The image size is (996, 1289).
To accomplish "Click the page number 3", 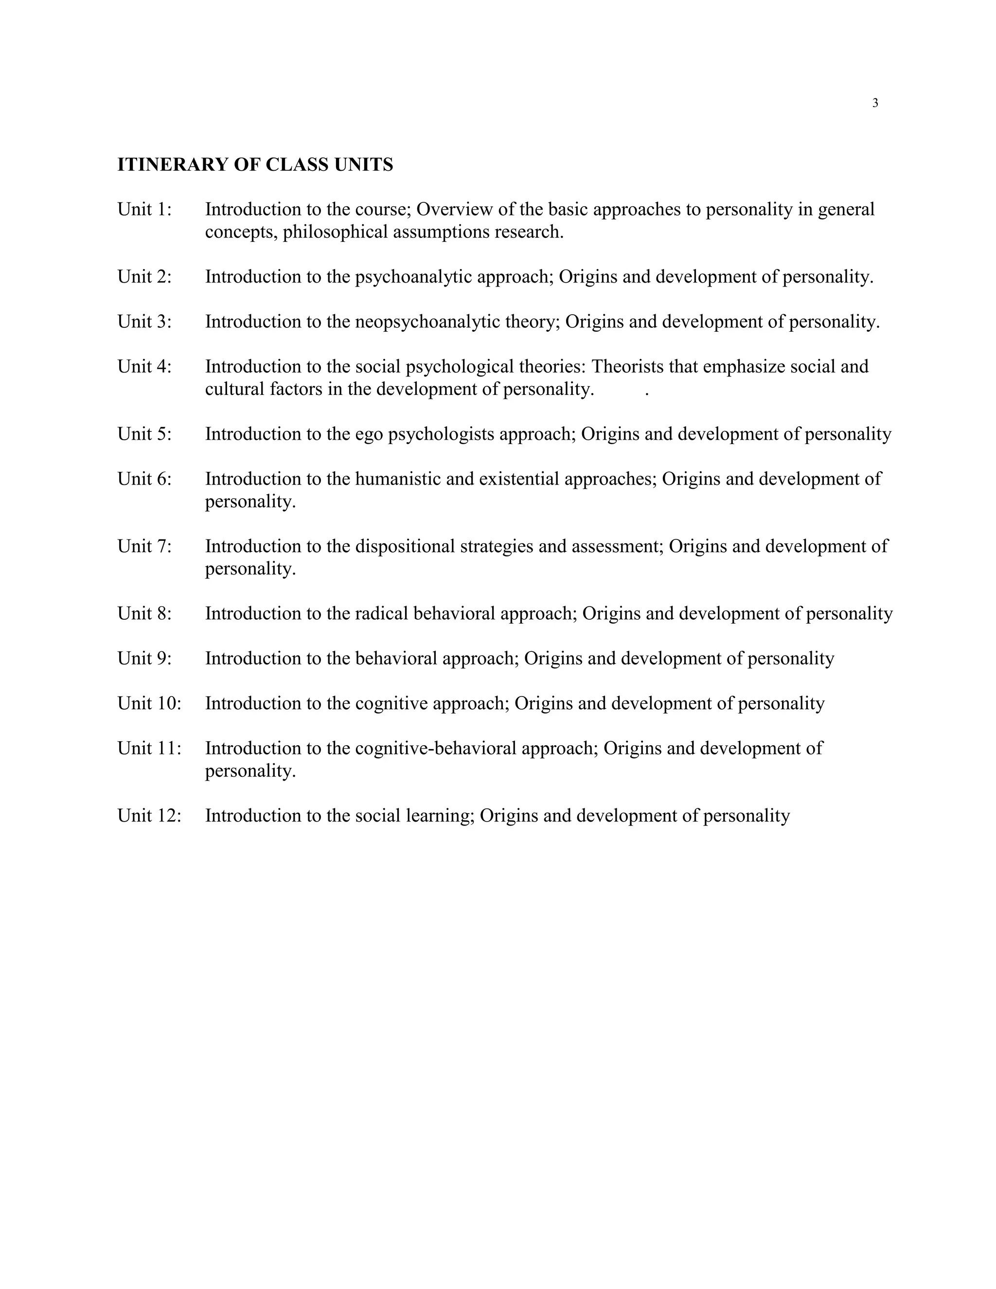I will coord(875,103).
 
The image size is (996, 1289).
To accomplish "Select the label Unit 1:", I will coord(144,210).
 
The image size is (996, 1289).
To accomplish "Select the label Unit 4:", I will coord(144,367).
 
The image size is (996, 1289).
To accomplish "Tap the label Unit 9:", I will coord(144,659).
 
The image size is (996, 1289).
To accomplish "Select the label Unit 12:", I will coord(149,816).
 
